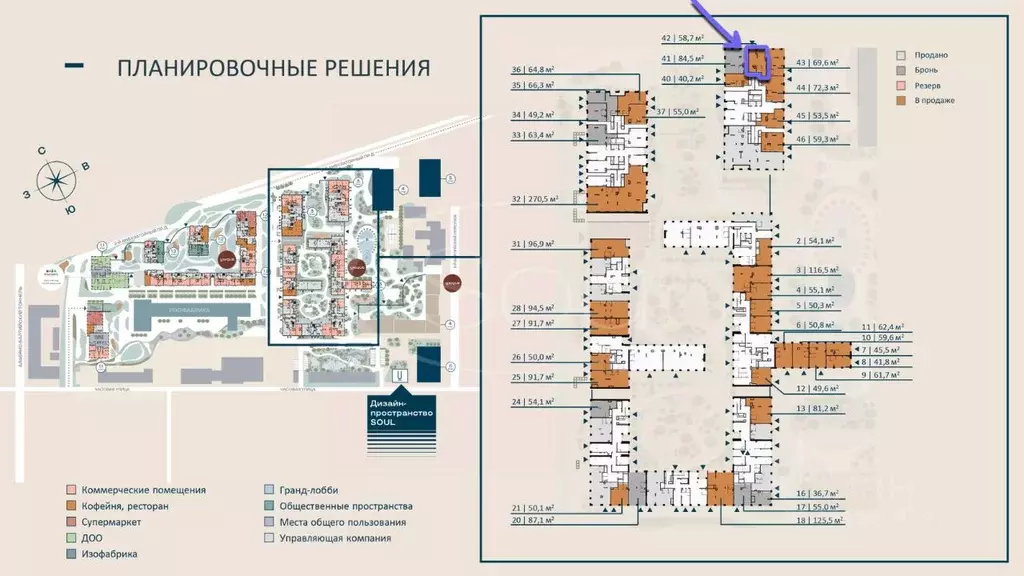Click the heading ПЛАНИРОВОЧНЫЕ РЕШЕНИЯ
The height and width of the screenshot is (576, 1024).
(273, 68)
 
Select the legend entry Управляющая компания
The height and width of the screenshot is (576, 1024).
(335, 538)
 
